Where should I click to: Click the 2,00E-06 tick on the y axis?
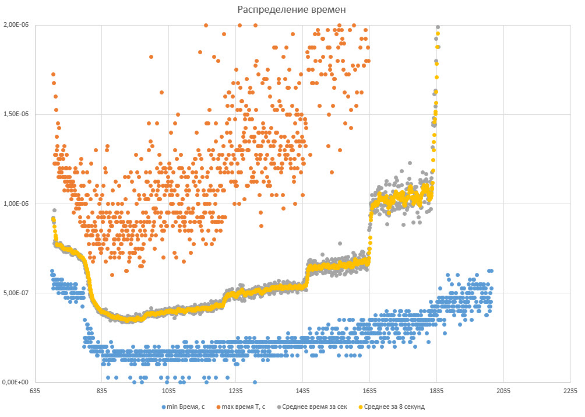16,26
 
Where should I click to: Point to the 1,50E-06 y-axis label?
16,115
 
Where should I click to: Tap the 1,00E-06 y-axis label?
16,204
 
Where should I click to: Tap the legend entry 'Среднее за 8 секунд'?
394,407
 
